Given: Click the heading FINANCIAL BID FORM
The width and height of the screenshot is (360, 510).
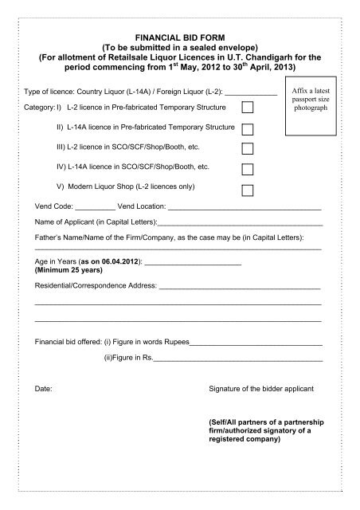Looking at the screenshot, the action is coord(179,37).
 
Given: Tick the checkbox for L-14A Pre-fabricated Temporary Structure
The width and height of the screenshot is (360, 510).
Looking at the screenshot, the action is coord(248,127).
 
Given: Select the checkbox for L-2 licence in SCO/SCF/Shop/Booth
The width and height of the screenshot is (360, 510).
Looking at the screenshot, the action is coord(248,148).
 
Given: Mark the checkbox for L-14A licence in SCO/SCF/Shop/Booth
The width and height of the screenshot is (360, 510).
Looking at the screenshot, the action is coord(248,169).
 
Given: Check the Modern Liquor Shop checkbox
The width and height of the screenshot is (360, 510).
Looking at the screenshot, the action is coord(248,190).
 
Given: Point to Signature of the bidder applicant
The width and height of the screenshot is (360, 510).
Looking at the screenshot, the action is coord(260,389).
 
